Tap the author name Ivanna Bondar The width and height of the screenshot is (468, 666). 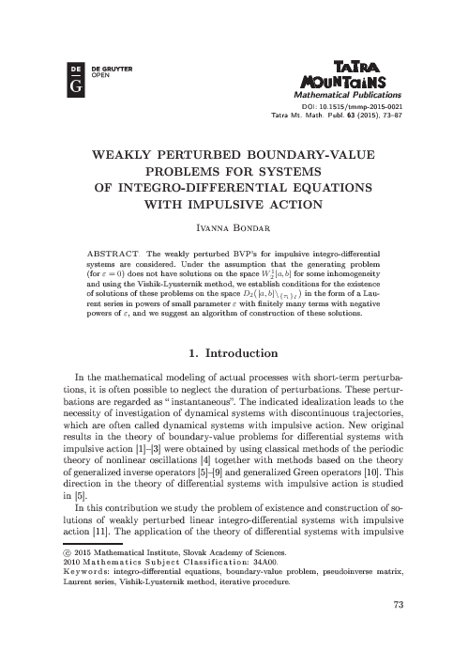(x=234, y=228)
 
